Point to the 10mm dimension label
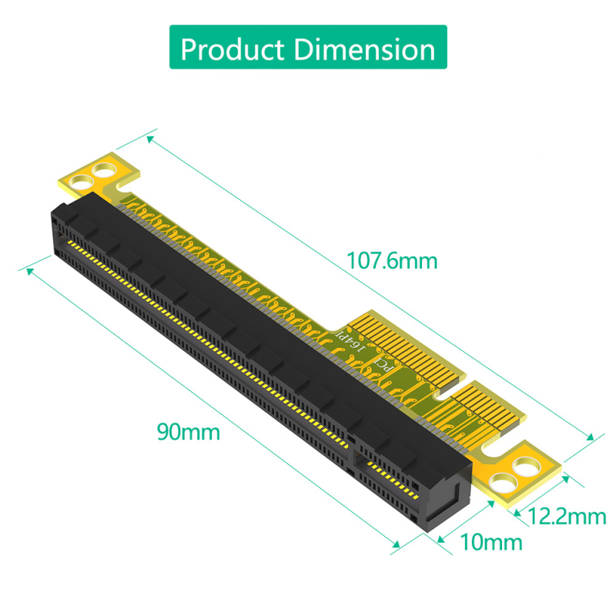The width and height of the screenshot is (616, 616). (x=490, y=542)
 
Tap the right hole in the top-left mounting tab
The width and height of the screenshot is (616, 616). (x=101, y=169)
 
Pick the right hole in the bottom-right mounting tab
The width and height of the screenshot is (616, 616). (x=527, y=466)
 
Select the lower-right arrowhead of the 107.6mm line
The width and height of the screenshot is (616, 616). (x=591, y=437)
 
